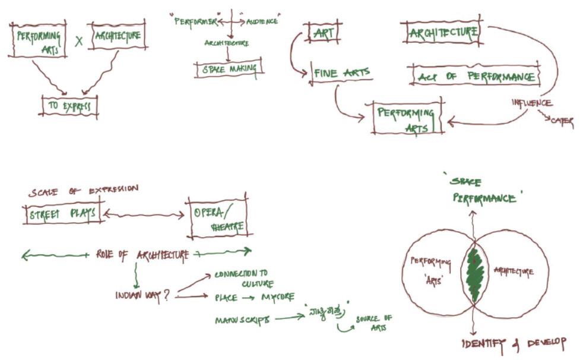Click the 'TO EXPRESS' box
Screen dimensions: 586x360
[70, 106]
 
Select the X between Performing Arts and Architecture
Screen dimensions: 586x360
[78, 40]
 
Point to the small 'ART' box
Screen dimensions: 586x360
[323, 34]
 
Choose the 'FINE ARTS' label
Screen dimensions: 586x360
[342, 73]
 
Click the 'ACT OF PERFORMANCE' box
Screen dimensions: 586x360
[476, 77]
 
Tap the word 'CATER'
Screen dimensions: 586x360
[561, 121]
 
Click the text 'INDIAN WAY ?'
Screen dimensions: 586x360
[142, 295]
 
